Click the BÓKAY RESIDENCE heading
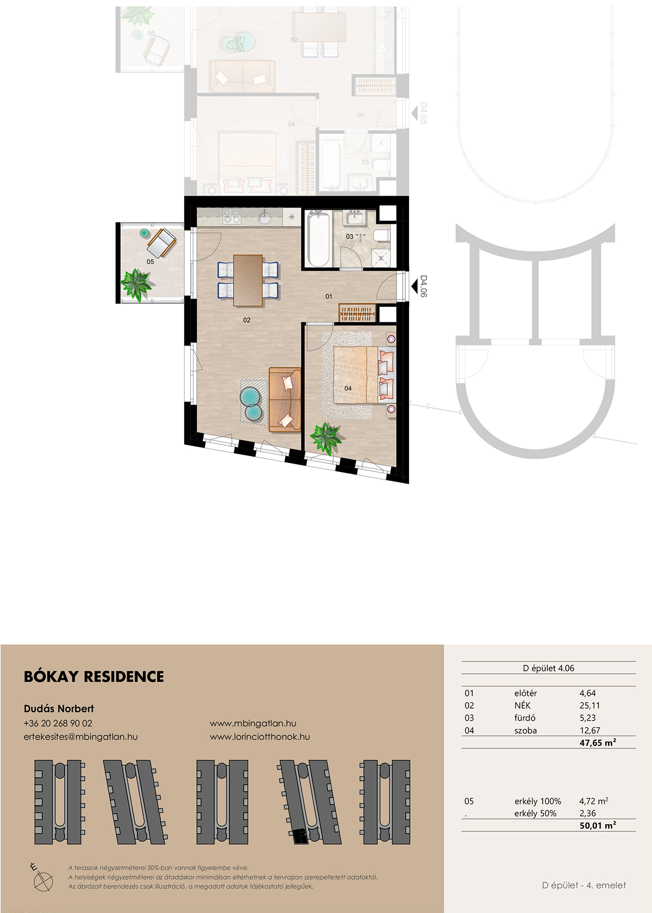[x=94, y=676]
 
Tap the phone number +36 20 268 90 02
[x=58, y=723]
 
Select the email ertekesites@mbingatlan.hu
[x=80, y=736]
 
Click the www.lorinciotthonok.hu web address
[x=260, y=736]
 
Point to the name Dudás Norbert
[x=59, y=709]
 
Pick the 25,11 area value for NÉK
[x=589, y=705]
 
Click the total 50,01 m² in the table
[x=598, y=825]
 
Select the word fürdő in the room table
[x=525, y=718]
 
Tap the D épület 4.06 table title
[x=548, y=668]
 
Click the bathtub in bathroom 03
[x=319, y=239]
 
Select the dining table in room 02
[x=248, y=280]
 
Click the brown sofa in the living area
[x=285, y=399]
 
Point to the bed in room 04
[x=363, y=374]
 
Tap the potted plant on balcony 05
[x=136, y=284]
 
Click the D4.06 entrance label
[x=424, y=286]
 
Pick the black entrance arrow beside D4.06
[x=414, y=286]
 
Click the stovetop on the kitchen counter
[x=232, y=216]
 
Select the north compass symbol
[x=42, y=877]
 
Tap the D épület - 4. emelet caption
[x=584, y=885]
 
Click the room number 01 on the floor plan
[x=329, y=296]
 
